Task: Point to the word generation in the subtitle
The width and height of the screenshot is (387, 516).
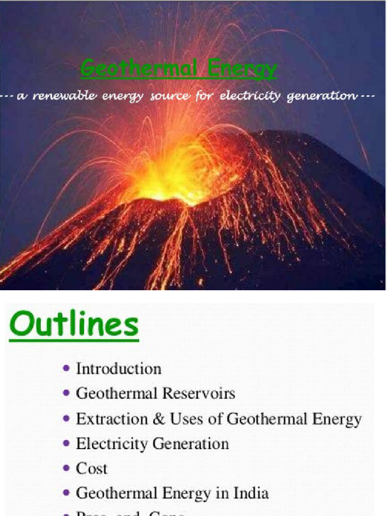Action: (x=320, y=96)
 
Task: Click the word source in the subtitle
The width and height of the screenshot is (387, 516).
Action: (x=170, y=96)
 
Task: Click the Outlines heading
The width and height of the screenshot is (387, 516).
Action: (x=74, y=325)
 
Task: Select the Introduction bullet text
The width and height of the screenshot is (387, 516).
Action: (x=118, y=368)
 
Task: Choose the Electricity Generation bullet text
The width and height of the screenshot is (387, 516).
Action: (x=152, y=443)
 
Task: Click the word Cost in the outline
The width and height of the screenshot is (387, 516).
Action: (x=91, y=468)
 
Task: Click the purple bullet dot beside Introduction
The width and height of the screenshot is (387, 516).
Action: (x=67, y=368)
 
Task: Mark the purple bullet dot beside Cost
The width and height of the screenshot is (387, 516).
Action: (x=67, y=468)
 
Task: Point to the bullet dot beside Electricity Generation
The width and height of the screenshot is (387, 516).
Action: (x=67, y=443)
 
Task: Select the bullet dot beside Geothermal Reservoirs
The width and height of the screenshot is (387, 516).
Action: (x=67, y=393)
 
